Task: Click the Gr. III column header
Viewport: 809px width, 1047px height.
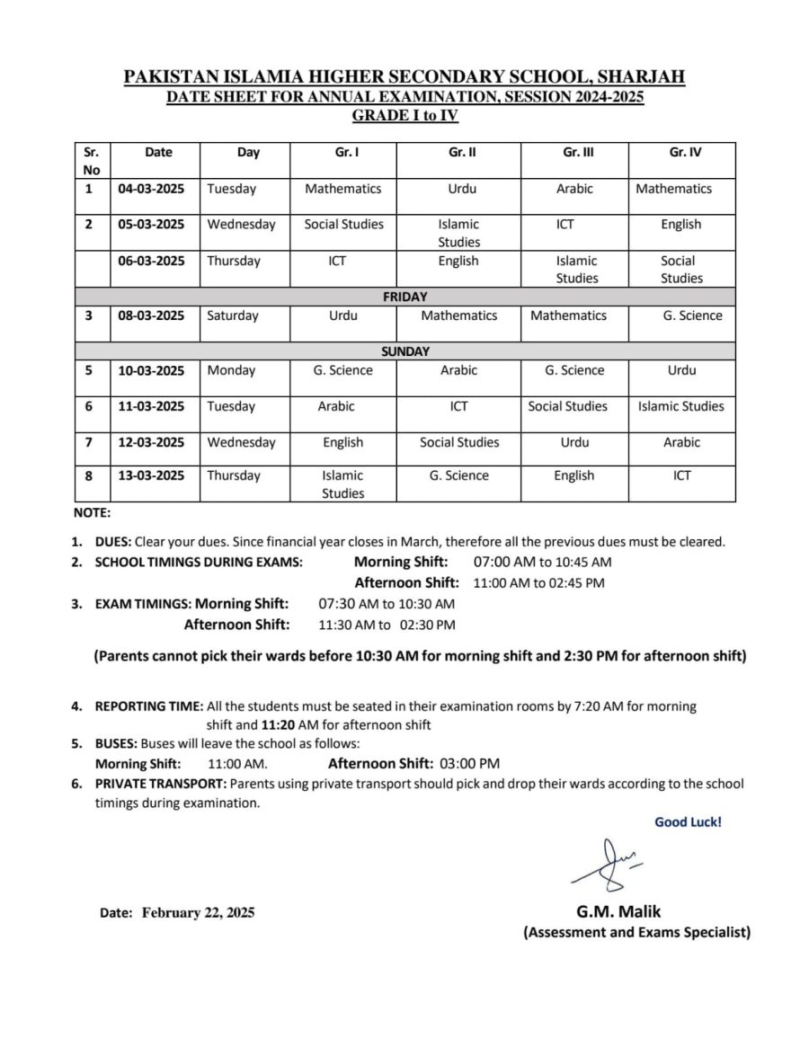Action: (578, 153)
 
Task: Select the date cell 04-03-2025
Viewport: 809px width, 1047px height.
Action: (151, 189)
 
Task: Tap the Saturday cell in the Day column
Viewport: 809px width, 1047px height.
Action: (232, 315)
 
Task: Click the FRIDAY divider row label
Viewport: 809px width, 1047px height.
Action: (404, 297)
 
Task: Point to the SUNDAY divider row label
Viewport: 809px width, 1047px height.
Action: (404, 351)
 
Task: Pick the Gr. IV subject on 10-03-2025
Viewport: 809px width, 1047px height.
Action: (681, 370)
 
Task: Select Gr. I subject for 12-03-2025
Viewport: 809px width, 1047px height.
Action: (342, 442)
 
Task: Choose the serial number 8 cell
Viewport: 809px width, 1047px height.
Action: (88, 476)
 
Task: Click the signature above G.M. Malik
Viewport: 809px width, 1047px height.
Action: (606, 862)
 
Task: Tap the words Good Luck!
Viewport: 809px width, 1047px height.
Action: (687, 821)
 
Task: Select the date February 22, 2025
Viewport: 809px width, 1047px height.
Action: (198, 912)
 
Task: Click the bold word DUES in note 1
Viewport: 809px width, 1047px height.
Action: (112, 542)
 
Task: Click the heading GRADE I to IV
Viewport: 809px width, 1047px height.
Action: (404, 114)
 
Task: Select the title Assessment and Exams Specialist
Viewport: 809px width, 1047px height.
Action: (636, 933)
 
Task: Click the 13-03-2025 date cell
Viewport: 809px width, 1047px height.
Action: (151, 476)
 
